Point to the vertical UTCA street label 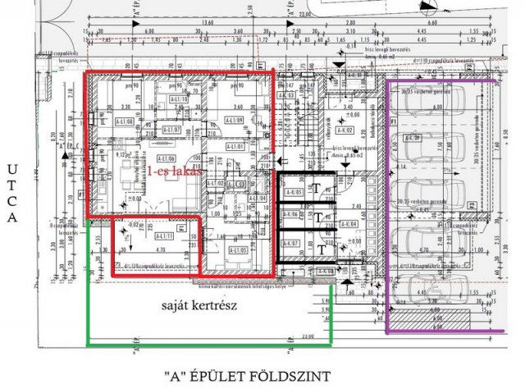tap(11, 193)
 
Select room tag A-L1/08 tap(125, 122)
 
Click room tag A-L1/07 tap(171, 130)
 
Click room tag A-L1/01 tap(237, 146)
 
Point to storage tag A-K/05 tap(290, 195)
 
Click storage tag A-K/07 tap(290, 245)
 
